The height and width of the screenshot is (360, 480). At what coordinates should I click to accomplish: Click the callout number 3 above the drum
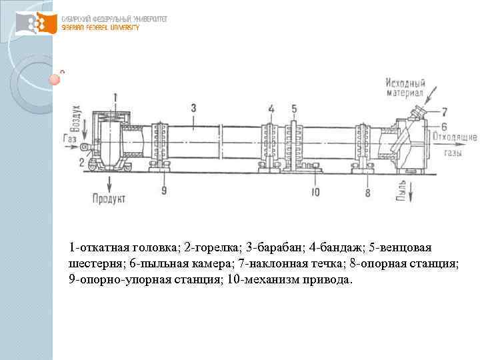pyautogui.click(x=193, y=107)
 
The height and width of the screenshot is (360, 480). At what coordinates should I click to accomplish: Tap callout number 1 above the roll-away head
pyautogui.click(x=115, y=97)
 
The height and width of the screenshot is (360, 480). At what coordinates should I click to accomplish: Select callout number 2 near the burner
pyautogui.click(x=81, y=161)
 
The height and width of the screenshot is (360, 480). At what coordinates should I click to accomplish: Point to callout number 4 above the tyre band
pyautogui.click(x=271, y=108)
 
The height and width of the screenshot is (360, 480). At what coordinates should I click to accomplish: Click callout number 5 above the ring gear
pyautogui.click(x=294, y=108)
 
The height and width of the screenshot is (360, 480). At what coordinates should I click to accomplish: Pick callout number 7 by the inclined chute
pyautogui.click(x=444, y=111)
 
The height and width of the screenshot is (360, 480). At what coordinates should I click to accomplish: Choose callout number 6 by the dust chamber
pyautogui.click(x=444, y=127)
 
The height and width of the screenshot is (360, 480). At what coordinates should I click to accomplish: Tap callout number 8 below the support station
pyautogui.click(x=367, y=193)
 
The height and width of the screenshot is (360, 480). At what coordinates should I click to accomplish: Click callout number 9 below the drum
pyautogui.click(x=164, y=192)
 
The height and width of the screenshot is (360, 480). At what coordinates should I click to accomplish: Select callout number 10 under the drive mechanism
pyautogui.click(x=315, y=193)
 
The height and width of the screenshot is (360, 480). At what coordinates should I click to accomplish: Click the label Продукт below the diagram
pyautogui.click(x=108, y=199)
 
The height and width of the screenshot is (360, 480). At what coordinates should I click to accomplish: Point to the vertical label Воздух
pyautogui.click(x=77, y=117)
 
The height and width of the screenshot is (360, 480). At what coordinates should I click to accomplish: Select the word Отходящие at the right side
pyautogui.click(x=455, y=137)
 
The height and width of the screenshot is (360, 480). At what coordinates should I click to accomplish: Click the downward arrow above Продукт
pyautogui.click(x=107, y=181)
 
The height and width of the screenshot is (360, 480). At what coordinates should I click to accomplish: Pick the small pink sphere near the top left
pyautogui.click(x=55, y=80)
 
